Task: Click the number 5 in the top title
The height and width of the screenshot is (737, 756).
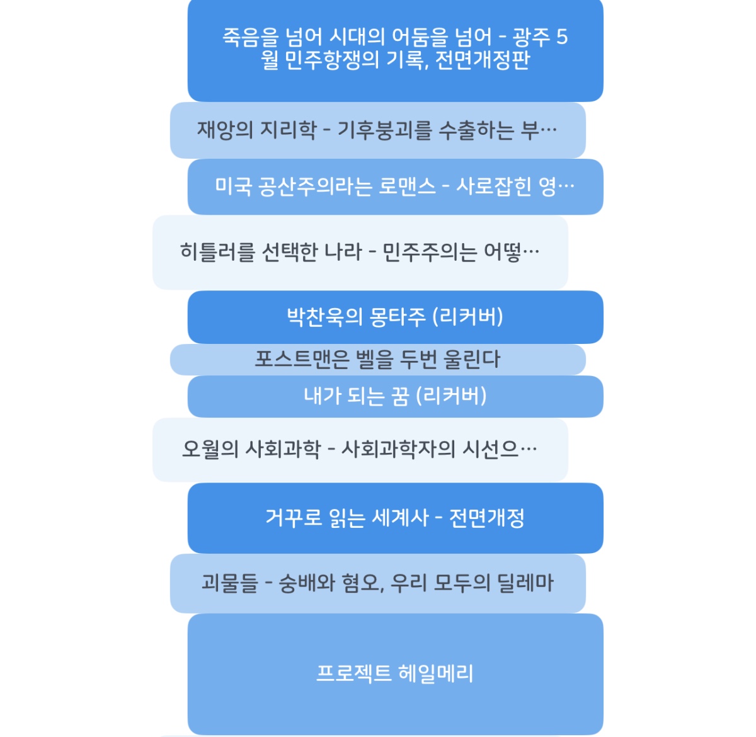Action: click(561, 37)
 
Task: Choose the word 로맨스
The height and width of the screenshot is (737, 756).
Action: click(407, 186)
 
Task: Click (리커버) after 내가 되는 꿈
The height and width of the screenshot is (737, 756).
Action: click(451, 396)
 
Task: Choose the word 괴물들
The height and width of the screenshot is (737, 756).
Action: click(230, 583)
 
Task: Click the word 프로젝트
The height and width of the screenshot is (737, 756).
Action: click(354, 673)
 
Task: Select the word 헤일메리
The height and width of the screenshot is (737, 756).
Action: click(436, 673)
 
